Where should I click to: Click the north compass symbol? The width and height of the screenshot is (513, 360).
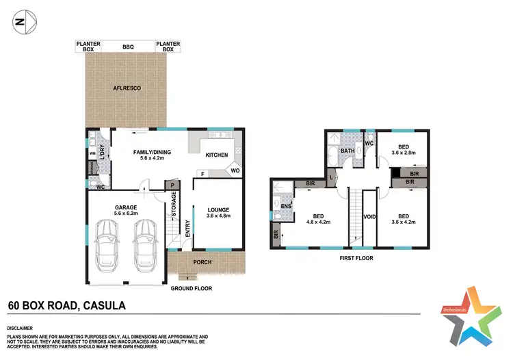(x=21, y=21)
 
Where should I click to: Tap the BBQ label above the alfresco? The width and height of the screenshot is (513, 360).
(x=128, y=46)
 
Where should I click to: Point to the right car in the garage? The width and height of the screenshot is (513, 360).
(x=146, y=244)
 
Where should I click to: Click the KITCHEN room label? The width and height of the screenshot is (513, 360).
(x=216, y=155)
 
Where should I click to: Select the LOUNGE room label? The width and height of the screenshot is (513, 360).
(x=218, y=210)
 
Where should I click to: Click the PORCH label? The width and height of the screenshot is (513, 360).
(x=202, y=262)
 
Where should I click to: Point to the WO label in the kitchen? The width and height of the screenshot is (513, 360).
(x=234, y=170)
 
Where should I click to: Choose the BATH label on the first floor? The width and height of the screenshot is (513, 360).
(x=348, y=151)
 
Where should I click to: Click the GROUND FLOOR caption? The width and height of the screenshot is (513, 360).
(x=192, y=289)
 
